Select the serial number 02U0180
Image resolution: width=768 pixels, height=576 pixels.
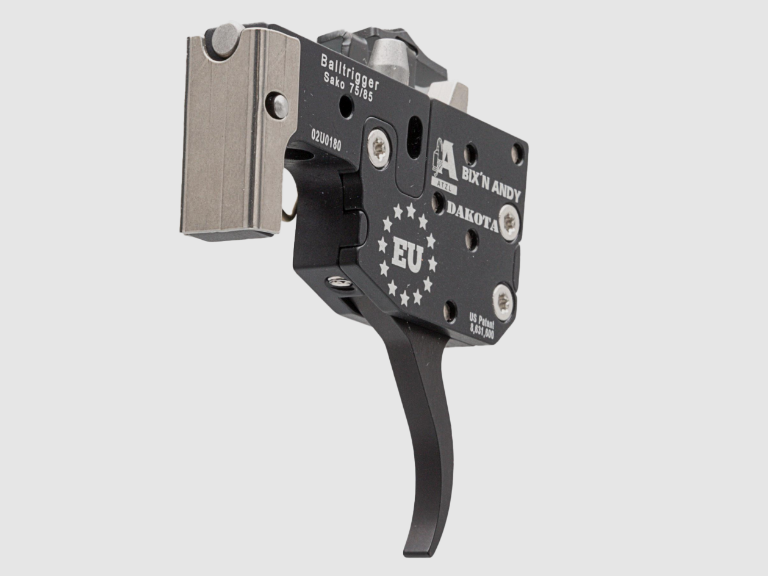tap(326, 140)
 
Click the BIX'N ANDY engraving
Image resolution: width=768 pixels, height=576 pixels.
tap(491, 185)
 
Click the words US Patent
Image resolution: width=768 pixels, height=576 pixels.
tap(482, 321)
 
